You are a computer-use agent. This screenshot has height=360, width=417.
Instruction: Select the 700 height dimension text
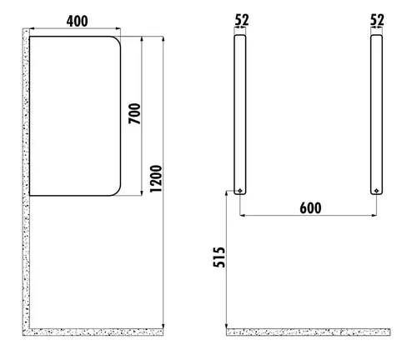point(134,113)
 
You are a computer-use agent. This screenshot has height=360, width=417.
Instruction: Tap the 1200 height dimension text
point(155,178)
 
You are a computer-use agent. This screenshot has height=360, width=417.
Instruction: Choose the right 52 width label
point(378,18)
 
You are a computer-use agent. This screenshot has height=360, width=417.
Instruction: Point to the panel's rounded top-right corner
point(117,41)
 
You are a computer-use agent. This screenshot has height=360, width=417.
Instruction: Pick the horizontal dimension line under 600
point(309,217)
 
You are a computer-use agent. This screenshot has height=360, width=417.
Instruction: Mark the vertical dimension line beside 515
point(226,258)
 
